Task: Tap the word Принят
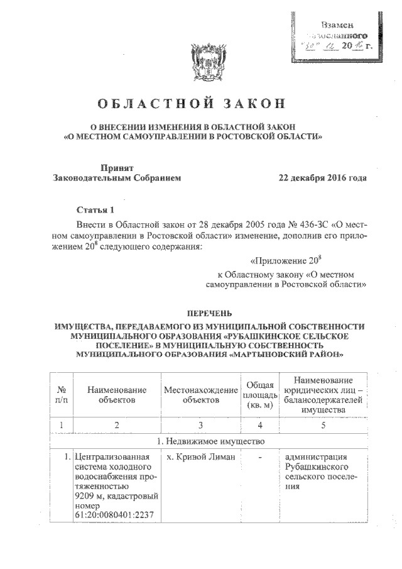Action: [x=117, y=167]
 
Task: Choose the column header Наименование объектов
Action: [x=117, y=395]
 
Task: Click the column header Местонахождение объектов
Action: [x=200, y=395]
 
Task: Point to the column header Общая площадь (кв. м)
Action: [x=259, y=395]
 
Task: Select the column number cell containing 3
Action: [x=200, y=426]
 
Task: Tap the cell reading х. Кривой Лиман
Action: [x=200, y=457]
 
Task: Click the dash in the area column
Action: [x=259, y=457]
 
